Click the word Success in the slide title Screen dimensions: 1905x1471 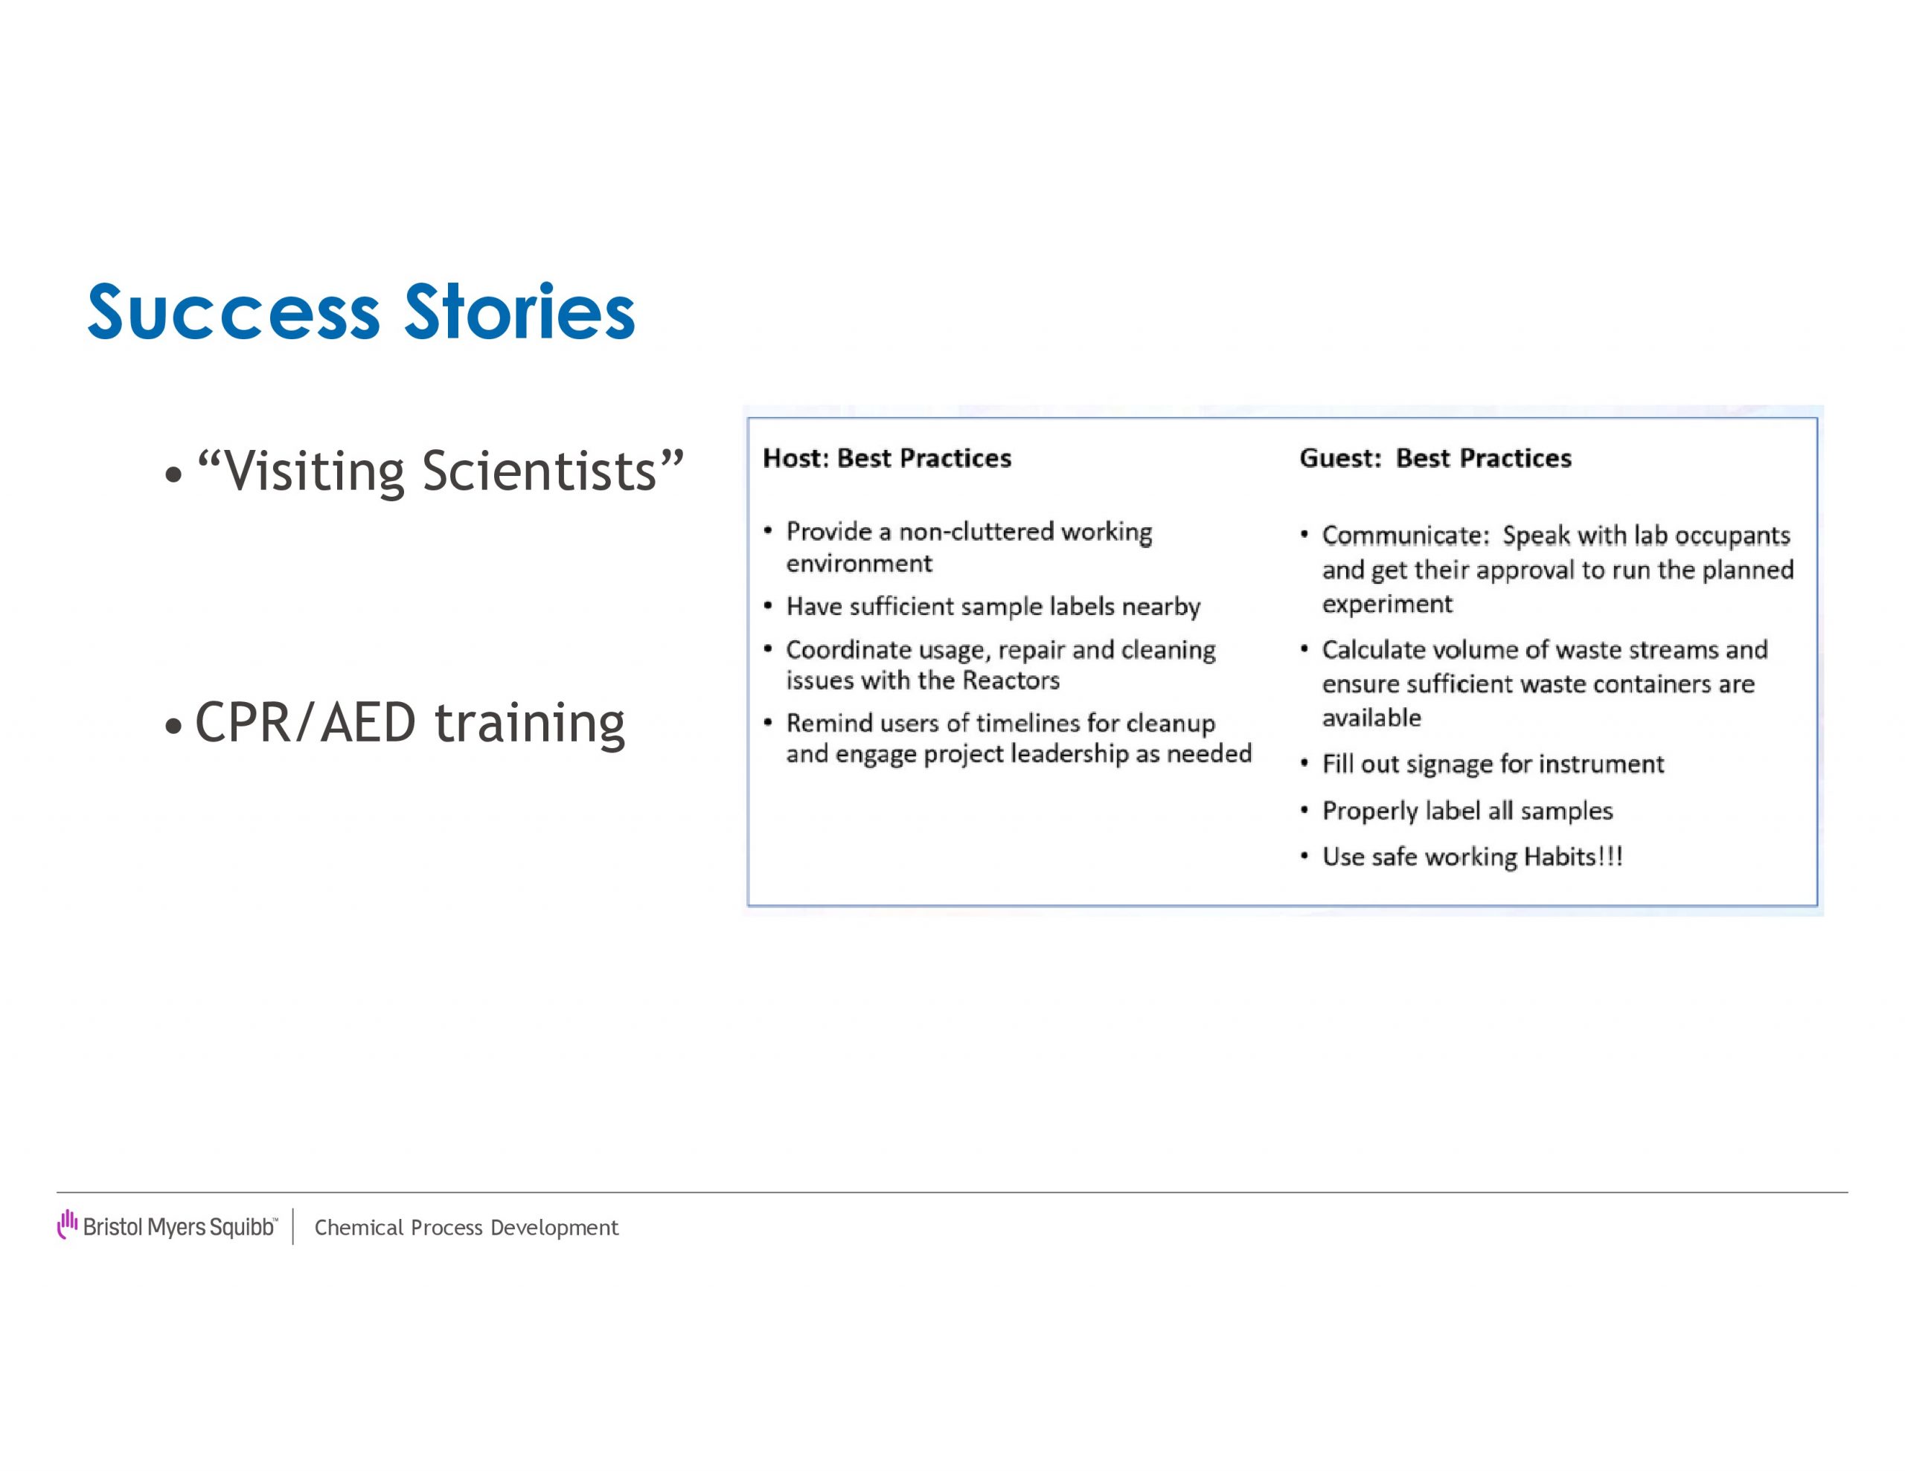[x=234, y=312]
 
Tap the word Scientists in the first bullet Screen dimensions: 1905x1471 [x=539, y=471]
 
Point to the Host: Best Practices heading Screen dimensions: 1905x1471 [x=887, y=459]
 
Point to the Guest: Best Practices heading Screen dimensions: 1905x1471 [x=1435, y=459]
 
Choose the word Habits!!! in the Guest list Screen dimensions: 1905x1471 [x=1574, y=856]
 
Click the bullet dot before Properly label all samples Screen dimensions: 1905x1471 [x=1304, y=811]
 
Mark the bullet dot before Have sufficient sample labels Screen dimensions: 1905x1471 [x=768, y=605]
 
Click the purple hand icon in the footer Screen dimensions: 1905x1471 [x=67, y=1224]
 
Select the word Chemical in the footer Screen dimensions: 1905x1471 [x=359, y=1228]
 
